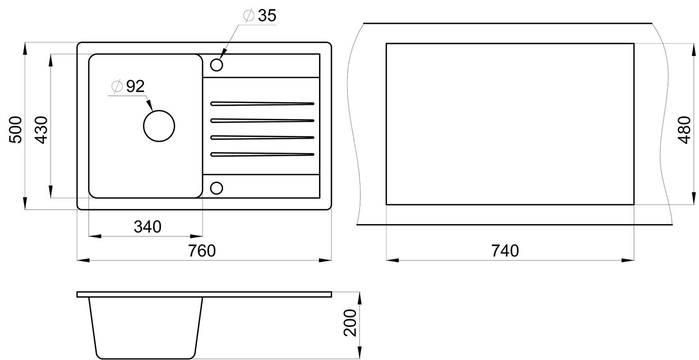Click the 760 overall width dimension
202,251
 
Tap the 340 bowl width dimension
148,227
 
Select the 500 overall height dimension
15,130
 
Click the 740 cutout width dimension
505,251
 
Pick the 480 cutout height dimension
685,130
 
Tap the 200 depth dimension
350,323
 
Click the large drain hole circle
159,110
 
